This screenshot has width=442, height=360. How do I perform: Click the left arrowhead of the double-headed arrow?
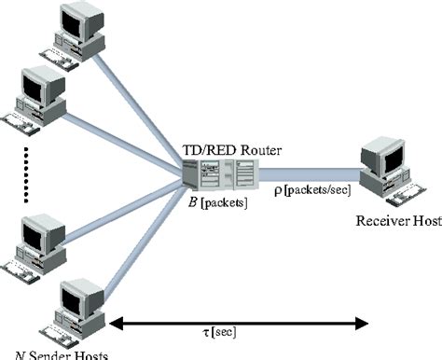pyautogui.click(x=117, y=325)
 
